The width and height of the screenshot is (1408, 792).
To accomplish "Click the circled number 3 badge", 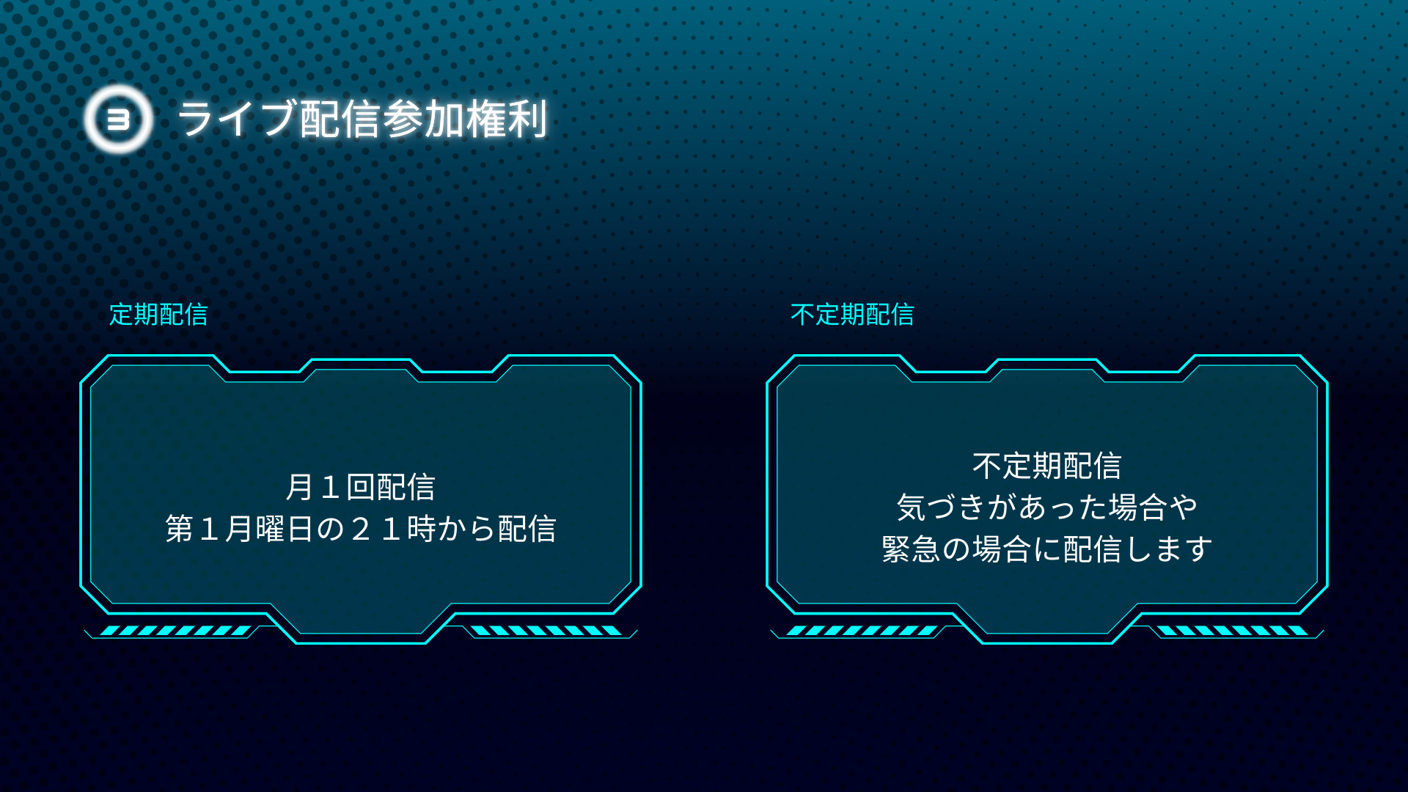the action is coord(118,119).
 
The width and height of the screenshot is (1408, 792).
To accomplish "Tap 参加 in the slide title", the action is coord(423,119).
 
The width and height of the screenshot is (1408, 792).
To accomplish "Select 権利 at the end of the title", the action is coord(507,119).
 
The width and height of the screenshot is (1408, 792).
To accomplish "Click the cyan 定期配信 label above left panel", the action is coord(158,315).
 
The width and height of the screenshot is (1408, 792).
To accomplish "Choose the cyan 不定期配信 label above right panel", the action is coord(852,315).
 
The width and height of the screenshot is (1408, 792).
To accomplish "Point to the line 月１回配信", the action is coord(360,487).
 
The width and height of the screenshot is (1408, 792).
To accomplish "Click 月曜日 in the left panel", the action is coord(269,529).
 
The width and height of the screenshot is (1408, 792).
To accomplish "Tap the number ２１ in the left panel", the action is coord(376,529).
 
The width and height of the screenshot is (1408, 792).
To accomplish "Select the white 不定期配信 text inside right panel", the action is coord(1046,466).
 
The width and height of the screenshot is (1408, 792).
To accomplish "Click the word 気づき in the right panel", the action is coord(941,507).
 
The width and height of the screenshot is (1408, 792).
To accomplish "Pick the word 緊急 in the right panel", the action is coord(911,549).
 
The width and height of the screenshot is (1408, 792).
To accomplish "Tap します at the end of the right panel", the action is coord(1168,549).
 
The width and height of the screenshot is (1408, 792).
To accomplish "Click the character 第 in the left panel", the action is coord(179,529).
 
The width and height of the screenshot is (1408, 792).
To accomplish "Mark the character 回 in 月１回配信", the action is coord(360,487).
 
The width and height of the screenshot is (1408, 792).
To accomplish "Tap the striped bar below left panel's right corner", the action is coord(546,631).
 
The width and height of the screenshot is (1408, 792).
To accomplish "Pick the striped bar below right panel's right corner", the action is coord(1232,631).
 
